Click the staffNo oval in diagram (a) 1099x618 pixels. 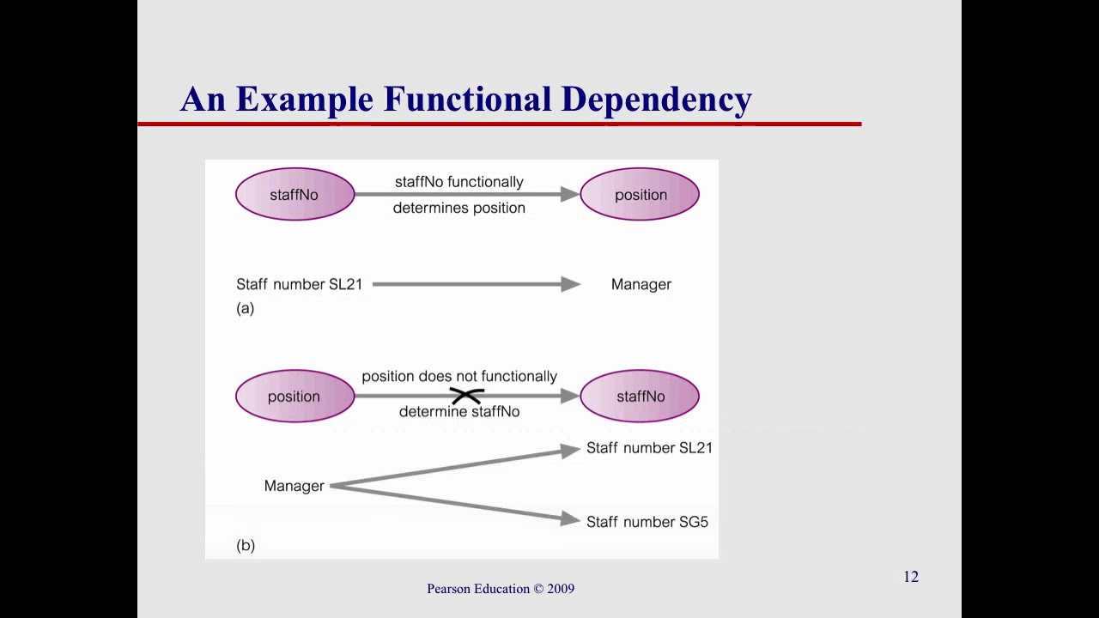294,195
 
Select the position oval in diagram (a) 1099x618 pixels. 640,195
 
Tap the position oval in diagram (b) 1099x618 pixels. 294,397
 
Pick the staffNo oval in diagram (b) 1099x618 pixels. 640,397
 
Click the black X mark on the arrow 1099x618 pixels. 466,396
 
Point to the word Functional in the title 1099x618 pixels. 467,100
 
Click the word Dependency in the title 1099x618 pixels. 656,100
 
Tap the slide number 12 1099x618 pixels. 911,577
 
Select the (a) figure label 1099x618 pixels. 246,308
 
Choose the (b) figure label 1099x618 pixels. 246,545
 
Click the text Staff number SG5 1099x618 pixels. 647,522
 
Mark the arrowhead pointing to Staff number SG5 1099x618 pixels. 571,518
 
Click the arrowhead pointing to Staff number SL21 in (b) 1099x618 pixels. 571,450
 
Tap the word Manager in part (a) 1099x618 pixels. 641,285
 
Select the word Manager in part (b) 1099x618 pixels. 294,487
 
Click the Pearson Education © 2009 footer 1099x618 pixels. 501,589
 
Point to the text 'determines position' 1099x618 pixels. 458,209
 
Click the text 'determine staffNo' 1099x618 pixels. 458,412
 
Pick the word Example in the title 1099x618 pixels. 305,100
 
